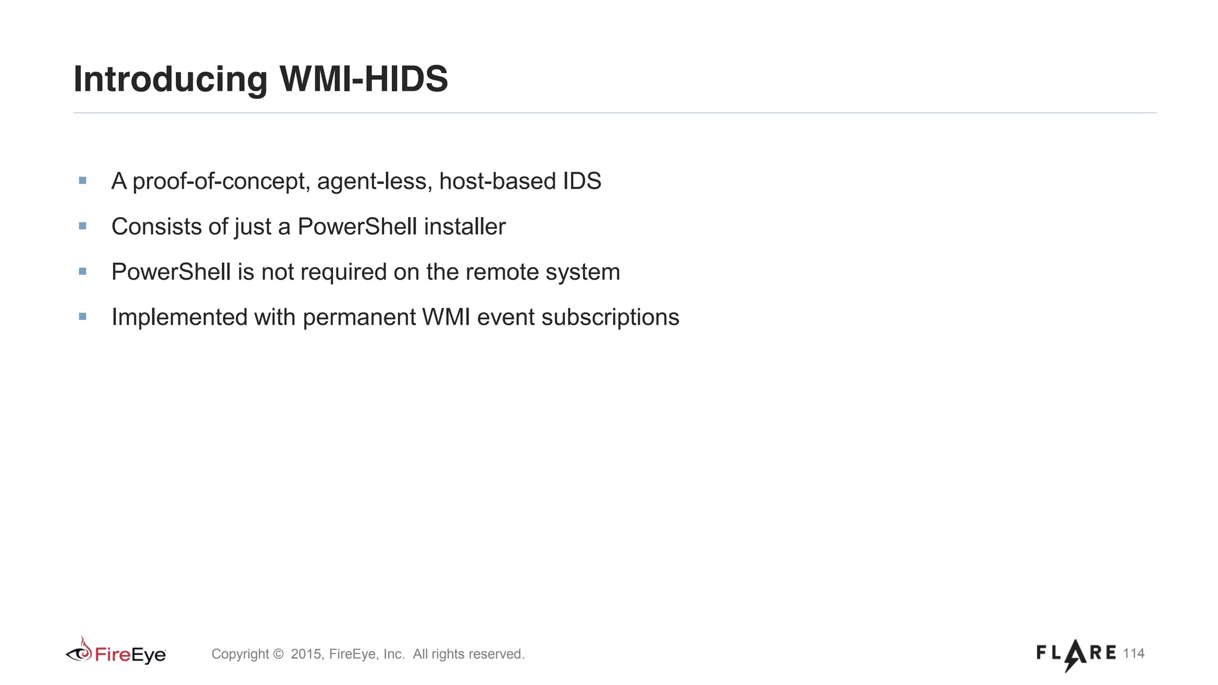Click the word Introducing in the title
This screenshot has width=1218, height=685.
coord(170,80)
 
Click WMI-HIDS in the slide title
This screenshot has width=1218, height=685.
coord(363,78)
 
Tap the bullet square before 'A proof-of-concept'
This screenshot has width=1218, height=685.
coord(83,180)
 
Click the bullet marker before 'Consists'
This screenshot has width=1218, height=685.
coord(83,226)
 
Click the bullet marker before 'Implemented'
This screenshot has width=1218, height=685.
coord(83,317)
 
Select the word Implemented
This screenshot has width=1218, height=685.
coord(180,318)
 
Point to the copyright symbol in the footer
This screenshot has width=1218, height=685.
coord(278,654)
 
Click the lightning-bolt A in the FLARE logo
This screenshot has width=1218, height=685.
coord(1075,654)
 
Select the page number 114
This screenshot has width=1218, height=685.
coord(1134,653)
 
